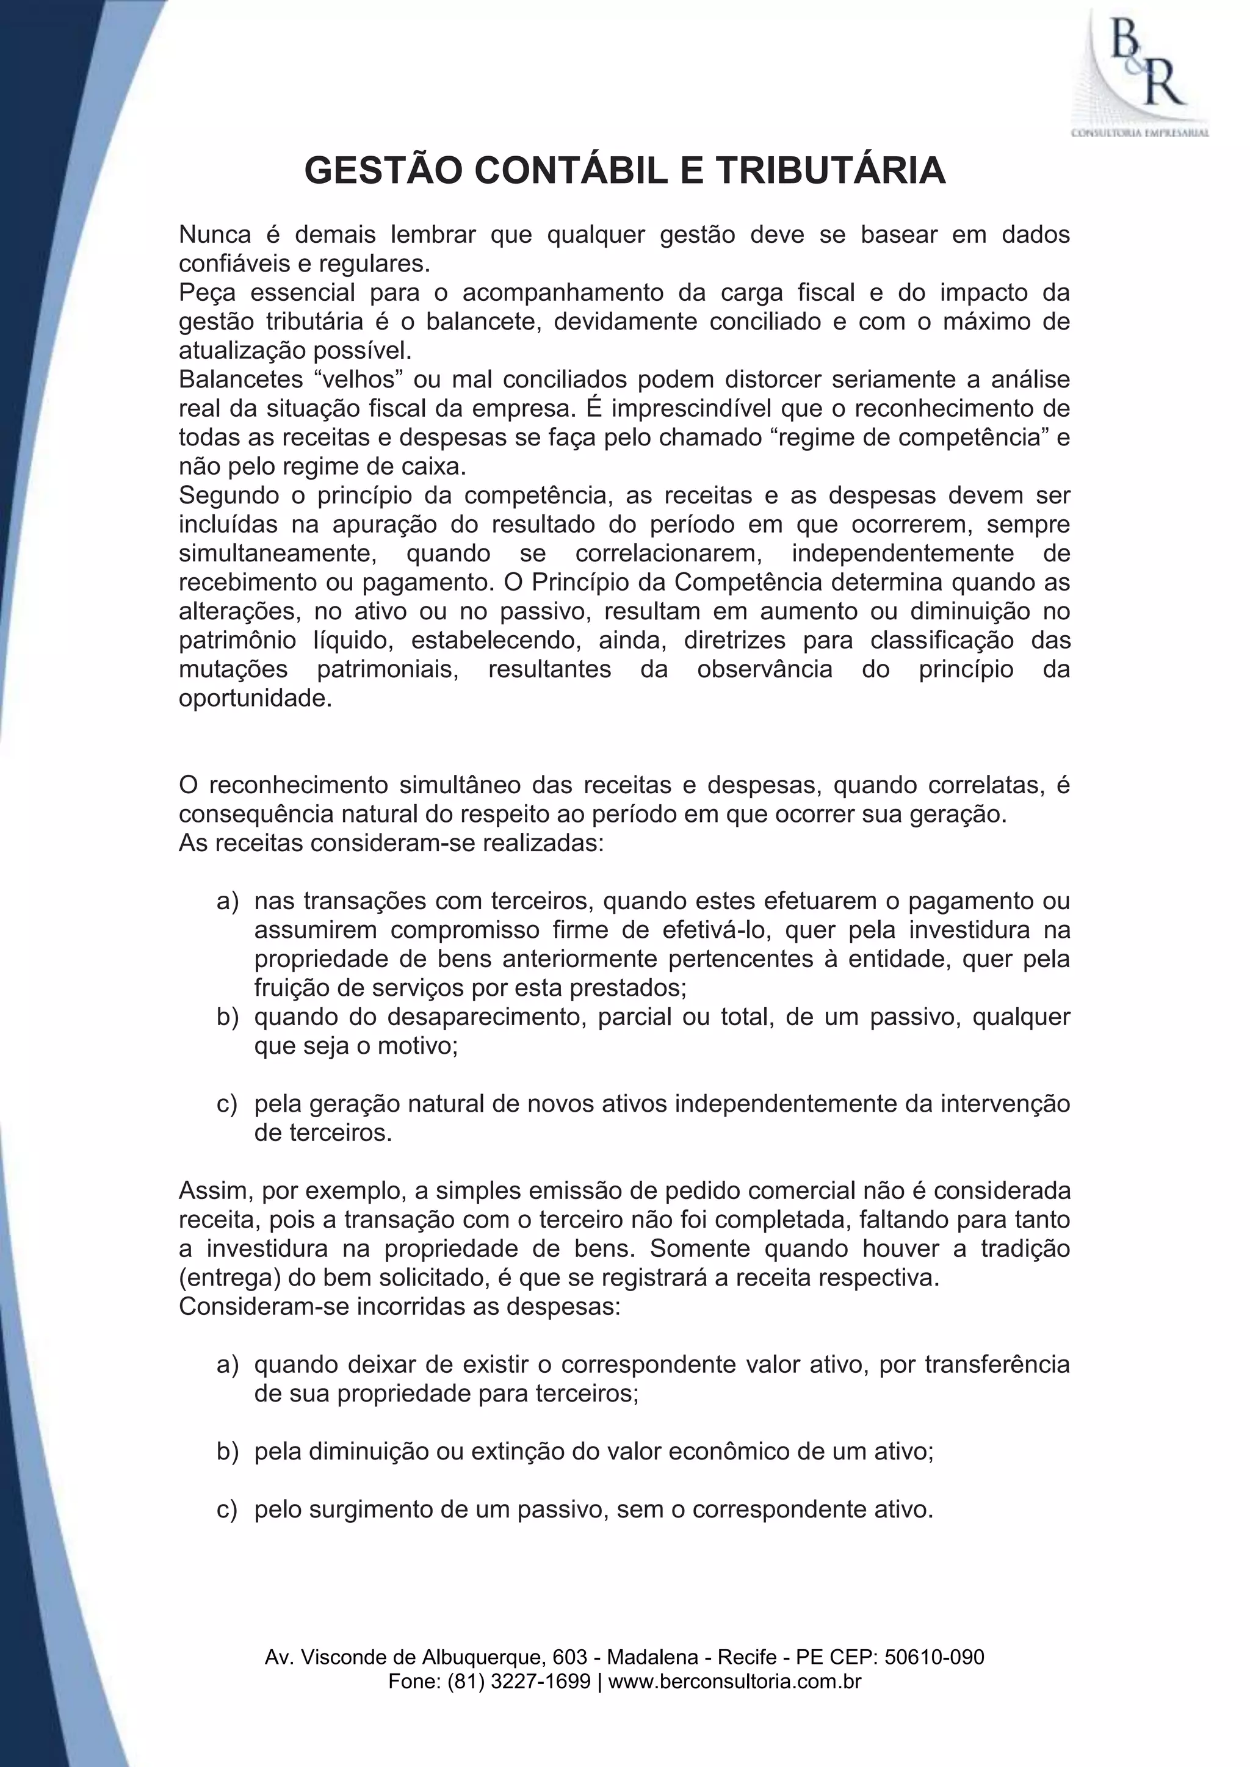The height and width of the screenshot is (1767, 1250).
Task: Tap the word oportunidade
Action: [x=255, y=698]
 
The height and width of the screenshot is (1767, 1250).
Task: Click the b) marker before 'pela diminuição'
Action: [x=228, y=1452]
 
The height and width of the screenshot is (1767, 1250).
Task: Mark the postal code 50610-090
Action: [x=934, y=1657]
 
